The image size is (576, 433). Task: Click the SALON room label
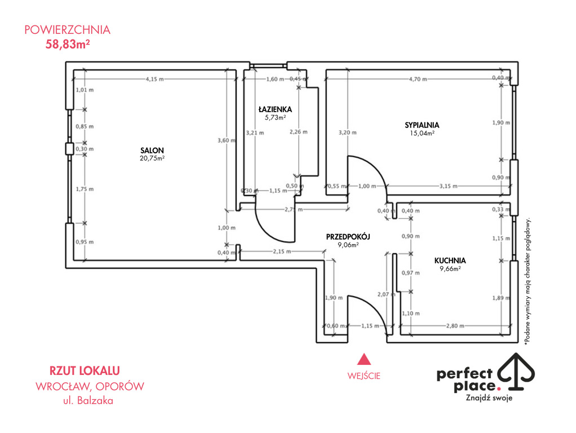pos(152,151)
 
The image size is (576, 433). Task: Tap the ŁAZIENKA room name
pos(275,109)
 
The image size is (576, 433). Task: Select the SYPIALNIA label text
pos(422,125)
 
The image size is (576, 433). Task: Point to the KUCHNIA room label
pos(450,260)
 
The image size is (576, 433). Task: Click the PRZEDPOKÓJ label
pos(348,237)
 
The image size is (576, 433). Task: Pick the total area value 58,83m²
pos(68,44)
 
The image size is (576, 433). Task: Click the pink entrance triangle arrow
pos(364,359)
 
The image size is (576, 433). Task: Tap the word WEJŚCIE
pos(364,375)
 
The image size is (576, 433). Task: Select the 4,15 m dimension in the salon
pos(154,79)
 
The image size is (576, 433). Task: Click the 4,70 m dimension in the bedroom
pos(418,79)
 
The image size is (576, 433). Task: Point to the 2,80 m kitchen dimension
pos(455,326)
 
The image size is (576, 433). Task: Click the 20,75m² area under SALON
pos(152,158)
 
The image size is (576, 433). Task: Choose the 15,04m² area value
pos(422,133)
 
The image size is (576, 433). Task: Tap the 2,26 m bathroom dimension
pos(298,131)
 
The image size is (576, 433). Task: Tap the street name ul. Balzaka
pos(88,400)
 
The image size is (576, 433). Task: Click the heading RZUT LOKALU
pos(85,370)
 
